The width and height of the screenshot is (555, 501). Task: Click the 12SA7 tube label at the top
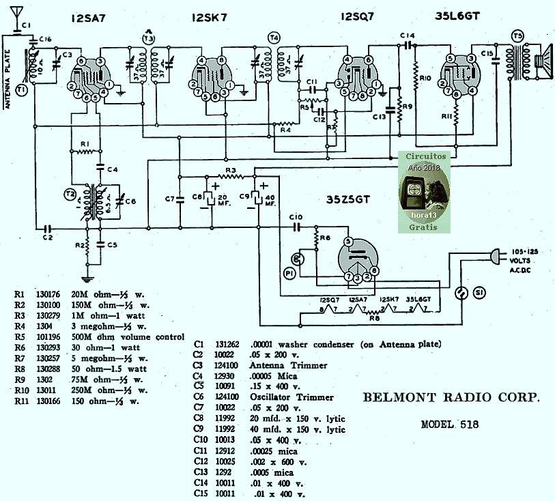[89, 18]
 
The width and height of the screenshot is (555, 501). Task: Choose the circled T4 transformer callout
[274, 38]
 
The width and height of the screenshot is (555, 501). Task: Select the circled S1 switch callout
[480, 293]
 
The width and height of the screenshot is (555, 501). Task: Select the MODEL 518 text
[449, 424]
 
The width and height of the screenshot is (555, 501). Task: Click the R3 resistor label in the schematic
[231, 169]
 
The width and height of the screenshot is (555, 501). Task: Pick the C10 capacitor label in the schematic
[296, 218]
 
